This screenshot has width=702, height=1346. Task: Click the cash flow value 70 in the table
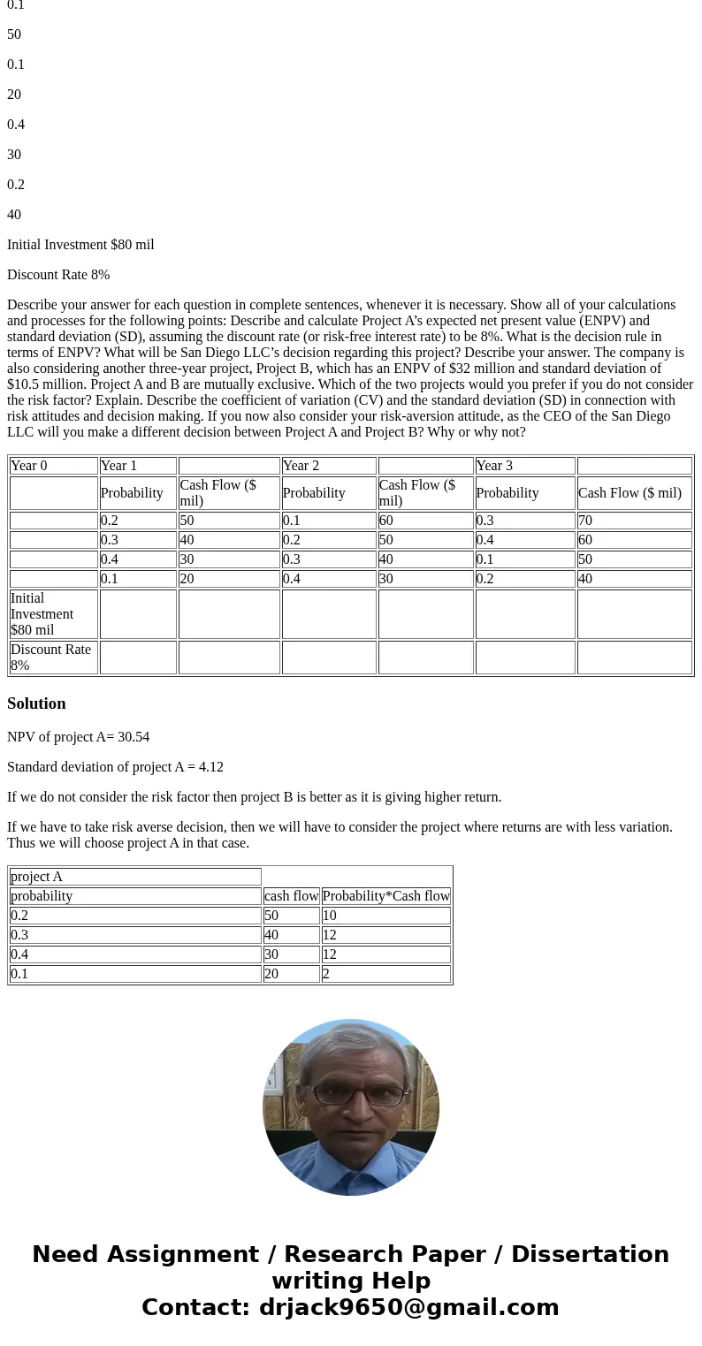coord(585,521)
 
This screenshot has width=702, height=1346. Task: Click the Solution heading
coord(36,703)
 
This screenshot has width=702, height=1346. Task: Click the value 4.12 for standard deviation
coord(210,767)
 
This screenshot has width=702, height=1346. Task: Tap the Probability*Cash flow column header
coord(385,896)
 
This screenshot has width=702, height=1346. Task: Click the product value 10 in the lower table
coord(329,916)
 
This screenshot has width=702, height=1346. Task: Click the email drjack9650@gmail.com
coord(408,1307)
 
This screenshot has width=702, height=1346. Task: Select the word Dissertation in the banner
coord(590,1255)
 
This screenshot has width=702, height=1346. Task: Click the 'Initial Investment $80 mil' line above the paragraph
coord(80,245)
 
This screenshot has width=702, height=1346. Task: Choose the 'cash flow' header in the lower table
coord(291,896)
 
